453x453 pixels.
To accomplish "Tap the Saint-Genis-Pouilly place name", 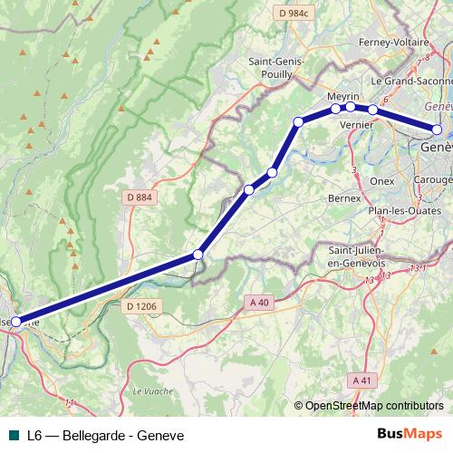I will coord(277,69).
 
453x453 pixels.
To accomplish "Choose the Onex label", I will coord(382,180).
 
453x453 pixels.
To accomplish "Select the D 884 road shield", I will coord(139,197).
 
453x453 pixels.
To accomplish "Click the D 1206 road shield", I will coord(141,307).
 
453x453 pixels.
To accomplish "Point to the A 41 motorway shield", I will coord(362,380).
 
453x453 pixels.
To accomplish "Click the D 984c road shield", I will coord(294,13).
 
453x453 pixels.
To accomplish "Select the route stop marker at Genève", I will coord(437,130).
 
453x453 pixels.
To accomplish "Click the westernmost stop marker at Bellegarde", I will coord(15,321).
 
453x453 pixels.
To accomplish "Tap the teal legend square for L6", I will coord(13,434).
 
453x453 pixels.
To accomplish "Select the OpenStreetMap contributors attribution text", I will coord(369,406).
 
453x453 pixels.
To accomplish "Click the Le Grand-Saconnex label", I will coord(419,81).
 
